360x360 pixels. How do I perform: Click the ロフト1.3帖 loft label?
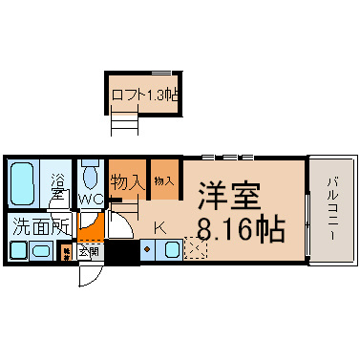pyautogui.click(x=146, y=95)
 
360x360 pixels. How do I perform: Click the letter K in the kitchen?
pyautogui.click(x=159, y=228)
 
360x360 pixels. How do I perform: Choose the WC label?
pyautogui.click(x=92, y=199)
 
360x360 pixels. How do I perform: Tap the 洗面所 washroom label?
pyautogui.click(x=40, y=227)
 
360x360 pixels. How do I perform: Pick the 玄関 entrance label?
pyautogui.click(x=87, y=252)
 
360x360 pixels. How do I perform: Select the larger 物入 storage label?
pyautogui.click(x=125, y=180)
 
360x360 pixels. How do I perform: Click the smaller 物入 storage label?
pyautogui.click(x=163, y=180)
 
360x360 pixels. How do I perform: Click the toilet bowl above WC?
pyautogui.click(x=91, y=176)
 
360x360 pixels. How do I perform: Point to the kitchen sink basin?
pyautogui.click(x=171, y=251)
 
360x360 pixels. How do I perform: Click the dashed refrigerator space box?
pyautogui.click(x=196, y=250)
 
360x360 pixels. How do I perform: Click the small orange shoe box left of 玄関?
pyautogui.click(x=67, y=253)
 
